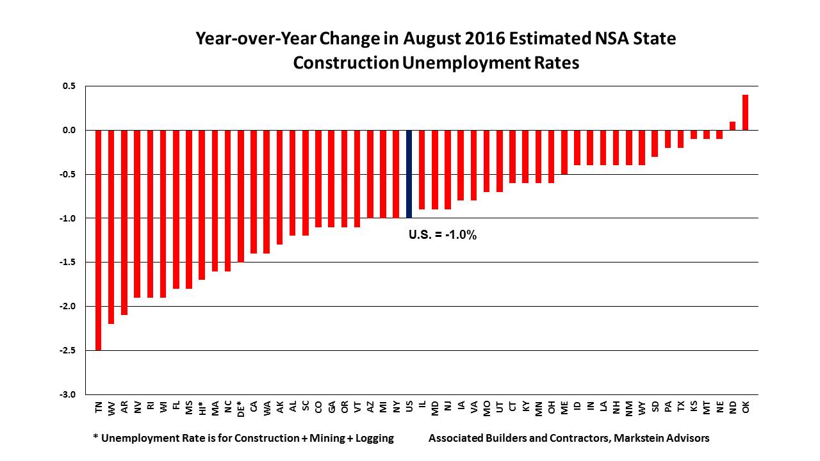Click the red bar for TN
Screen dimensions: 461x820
tap(99, 240)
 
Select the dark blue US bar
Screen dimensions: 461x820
tap(409, 174)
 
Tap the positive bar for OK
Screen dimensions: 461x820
tap(746, 113)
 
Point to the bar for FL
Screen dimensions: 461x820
tap(176, 209)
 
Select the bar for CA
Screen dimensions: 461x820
tap(254, 192)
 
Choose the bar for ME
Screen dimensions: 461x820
tap(564, 152)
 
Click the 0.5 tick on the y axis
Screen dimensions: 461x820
tap(69, 86)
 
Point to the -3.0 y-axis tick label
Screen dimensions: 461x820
tap(68, 394)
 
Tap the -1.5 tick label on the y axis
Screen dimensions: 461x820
tap(68, 263)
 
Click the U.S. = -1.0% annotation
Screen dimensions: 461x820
tap(443, 235)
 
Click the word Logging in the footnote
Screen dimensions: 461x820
tap(373, 439)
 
